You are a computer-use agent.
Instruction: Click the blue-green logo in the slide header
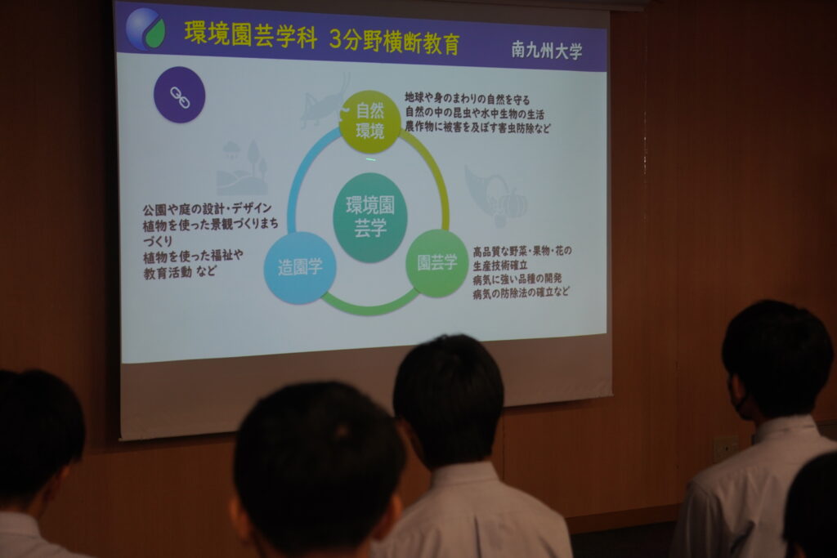coord(145,29)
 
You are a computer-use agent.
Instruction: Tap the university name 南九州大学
coord(547,50)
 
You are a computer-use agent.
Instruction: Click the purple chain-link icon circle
coord(179,95)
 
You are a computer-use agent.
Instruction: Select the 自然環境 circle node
coord(370,121)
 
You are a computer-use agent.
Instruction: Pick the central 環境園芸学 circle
coord(370,217)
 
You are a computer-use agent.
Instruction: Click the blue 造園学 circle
coord(300,267)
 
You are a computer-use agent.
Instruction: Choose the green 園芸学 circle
coord(437,263)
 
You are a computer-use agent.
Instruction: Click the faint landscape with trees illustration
coord(242,167)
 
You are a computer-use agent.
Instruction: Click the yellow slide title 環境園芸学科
coord(250,34)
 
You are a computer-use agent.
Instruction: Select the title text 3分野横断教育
coord(395,41)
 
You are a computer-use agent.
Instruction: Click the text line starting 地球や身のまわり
coord(467,99)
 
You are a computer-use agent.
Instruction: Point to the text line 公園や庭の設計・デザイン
coord(207,208)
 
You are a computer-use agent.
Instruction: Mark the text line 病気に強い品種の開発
coord(517,279)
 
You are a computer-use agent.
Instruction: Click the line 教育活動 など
coord(180,272)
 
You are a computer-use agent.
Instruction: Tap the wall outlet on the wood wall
coord(726,449)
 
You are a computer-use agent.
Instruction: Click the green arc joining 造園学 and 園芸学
coord(369,307)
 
